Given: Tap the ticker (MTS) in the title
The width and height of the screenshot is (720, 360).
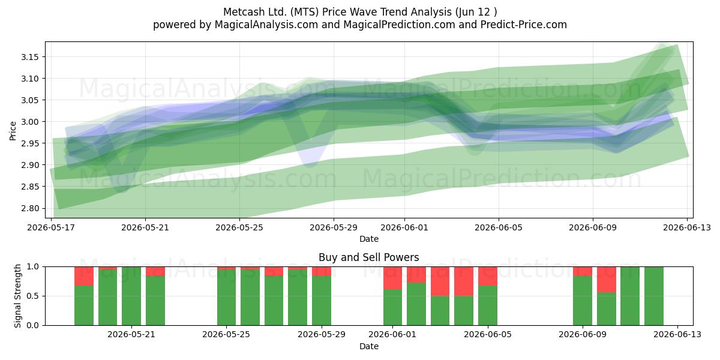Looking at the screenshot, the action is click(304, 12).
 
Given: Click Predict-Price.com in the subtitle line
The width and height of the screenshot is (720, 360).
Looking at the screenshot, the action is click(524, 25).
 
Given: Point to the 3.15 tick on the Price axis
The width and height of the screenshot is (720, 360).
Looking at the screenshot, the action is click(29, 57).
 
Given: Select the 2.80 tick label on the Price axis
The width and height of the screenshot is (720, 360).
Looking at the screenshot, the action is click(29, 208).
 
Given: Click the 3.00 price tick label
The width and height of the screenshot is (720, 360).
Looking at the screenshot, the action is click(29, 122).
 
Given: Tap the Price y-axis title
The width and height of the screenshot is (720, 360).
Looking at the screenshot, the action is click(13, 131).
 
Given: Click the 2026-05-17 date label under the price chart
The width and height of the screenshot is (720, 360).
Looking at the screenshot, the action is click(51, 227).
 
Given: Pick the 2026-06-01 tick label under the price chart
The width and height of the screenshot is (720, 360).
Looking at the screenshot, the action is click(404, 227).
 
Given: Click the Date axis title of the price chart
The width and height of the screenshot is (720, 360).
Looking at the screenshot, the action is click(369, 239).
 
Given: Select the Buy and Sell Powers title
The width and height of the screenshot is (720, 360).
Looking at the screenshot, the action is click(368, 257).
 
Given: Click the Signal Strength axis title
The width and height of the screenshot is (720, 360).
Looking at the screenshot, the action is click(17, 296).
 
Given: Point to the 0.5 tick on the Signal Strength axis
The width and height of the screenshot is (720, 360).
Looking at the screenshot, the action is click(32, 296).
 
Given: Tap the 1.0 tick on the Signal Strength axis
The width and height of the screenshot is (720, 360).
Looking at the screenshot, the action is click(32, 267).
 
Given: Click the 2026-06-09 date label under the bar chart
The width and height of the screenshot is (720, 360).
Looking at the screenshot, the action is click(583, 335).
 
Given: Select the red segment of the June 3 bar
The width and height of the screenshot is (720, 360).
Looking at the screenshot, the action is click(440, 281).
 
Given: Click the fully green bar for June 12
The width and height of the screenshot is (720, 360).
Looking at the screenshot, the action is click(654, 296).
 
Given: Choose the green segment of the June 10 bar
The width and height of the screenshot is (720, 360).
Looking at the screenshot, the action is click(607, 309).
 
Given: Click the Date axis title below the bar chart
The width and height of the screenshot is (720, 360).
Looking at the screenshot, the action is click(369, 346).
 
